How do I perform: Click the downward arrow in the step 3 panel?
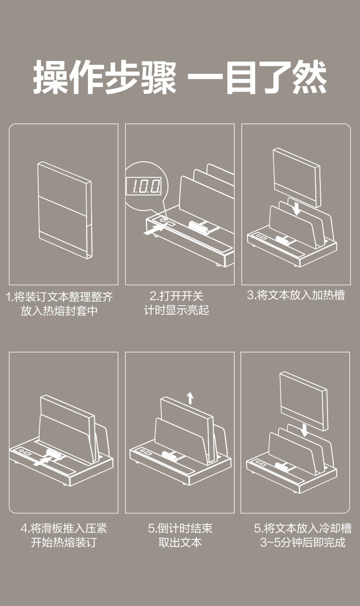[297, 208]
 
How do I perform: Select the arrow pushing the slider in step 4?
[41, 462]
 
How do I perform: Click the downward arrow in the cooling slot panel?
[304, 429]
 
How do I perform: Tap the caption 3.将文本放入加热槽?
[296, 295]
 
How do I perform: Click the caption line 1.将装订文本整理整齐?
[59, 297]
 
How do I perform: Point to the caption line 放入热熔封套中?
[59, 311]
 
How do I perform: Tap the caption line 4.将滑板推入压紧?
[64, 529]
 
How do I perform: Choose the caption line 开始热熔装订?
[64, 543]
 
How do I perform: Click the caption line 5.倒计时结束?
[180, 529]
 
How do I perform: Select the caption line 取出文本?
[180, 543]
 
